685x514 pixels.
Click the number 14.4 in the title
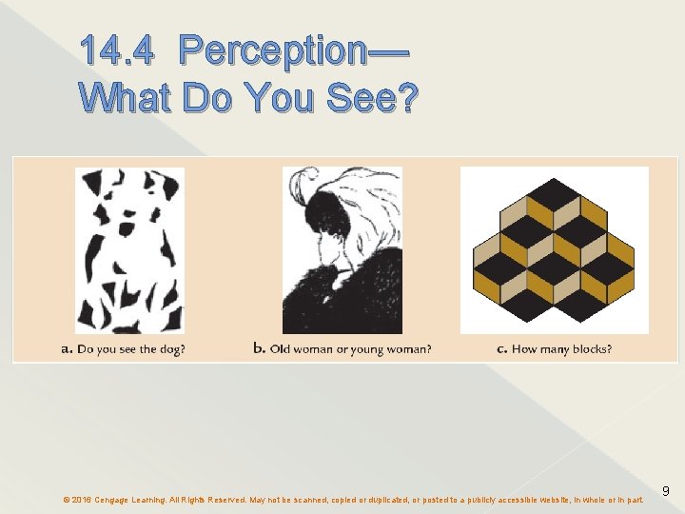116,51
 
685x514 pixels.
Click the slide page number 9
666,491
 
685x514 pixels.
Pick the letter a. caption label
67,349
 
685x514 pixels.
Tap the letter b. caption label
259,348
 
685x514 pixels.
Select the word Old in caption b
280,349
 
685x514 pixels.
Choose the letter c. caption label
501,349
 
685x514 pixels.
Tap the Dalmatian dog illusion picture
129,249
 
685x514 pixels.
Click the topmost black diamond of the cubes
554,189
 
